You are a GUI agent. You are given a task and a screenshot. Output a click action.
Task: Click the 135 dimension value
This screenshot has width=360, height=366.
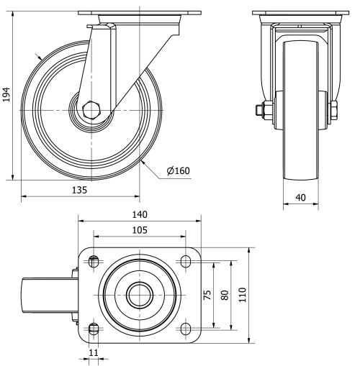pos(79,190)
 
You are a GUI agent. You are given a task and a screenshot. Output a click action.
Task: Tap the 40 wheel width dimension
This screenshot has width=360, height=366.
pos(300,196)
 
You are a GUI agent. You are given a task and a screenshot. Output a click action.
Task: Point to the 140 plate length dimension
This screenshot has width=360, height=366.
pos(139,214)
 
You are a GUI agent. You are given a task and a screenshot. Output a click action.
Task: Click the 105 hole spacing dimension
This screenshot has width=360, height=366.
pos(139,229)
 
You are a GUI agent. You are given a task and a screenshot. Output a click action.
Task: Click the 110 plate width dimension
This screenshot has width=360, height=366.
pos(244,295)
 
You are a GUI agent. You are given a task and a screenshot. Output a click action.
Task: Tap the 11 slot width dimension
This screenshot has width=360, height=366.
pos(93,352)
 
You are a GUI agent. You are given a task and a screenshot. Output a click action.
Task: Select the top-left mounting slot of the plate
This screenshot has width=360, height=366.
pos(93,262)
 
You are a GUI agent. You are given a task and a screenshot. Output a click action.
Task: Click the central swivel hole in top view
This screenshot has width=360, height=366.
pos(139,295)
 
